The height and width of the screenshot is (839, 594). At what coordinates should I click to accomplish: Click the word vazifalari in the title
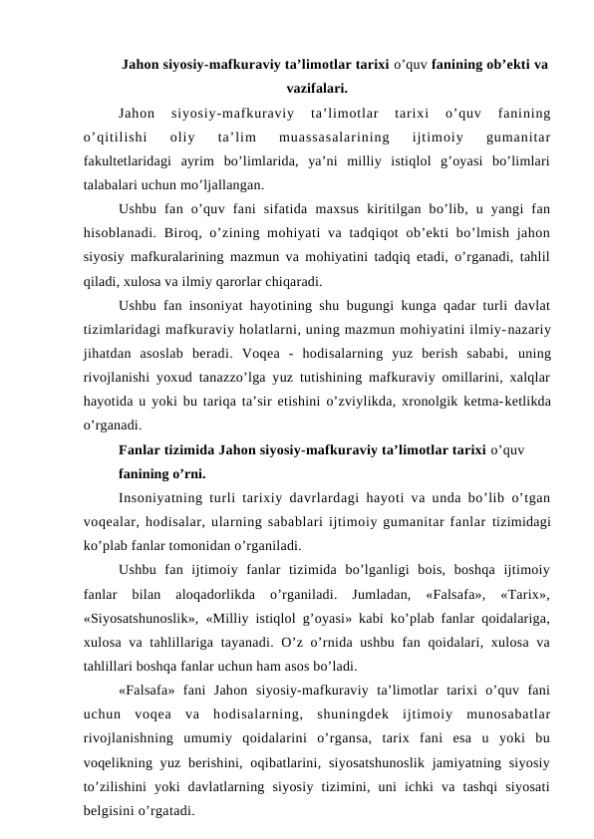316,88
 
